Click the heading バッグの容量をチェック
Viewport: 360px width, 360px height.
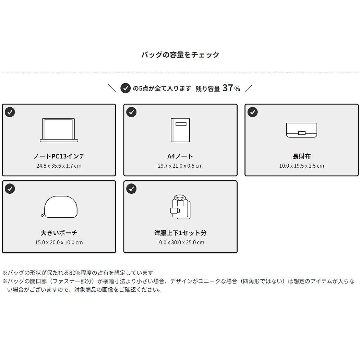pos(180,55)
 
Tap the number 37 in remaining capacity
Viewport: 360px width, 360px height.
pos(228,88)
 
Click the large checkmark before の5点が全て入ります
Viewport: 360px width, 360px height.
pos(125,88)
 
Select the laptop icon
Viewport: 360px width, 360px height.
pos(59,130)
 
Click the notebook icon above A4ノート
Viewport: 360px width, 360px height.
pos(180,130)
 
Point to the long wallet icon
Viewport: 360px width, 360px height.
pos(302,130)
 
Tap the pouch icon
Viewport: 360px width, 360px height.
pos(59,207)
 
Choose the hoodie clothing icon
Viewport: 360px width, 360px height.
pos(180,207)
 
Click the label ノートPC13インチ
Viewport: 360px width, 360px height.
pos(59,156)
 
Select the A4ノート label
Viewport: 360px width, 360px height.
pos(180,156)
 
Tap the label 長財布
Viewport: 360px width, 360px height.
pos(302,156)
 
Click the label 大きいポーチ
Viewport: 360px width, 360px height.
pos(59,233)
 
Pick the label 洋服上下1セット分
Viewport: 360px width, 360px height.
pos(180,233)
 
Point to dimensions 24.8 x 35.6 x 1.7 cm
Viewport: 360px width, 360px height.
pos(59,166)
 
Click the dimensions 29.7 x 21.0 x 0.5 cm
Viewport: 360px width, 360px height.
pos(180,166)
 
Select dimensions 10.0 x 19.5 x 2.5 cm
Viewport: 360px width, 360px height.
pos(302,166)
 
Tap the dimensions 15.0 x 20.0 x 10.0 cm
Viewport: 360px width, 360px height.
pos(59,242)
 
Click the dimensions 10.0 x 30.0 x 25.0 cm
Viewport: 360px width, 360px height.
pos(180,242)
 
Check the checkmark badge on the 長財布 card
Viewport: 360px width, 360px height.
pos(253,112)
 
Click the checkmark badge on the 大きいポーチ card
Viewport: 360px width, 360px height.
pos(10,189)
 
